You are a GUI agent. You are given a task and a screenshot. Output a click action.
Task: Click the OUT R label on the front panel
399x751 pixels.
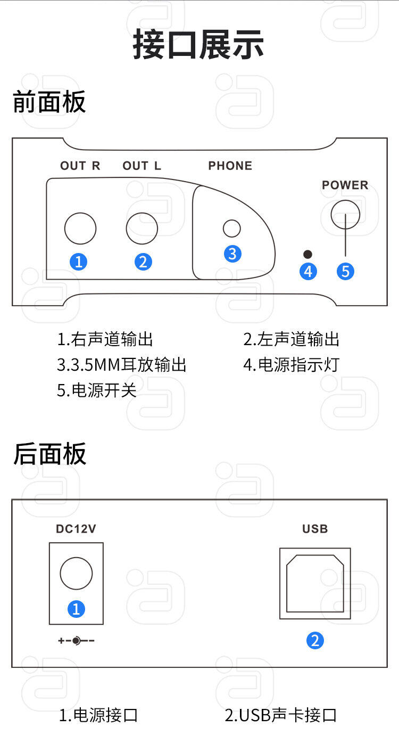[80, 166]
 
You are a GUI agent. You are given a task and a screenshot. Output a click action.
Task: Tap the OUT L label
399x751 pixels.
[142, 166]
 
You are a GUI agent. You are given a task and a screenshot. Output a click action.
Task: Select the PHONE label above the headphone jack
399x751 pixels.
[230, 166]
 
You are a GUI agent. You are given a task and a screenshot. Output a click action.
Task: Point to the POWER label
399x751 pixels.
[345, 185]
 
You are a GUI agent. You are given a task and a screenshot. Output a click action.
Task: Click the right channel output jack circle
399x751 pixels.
[65, 228]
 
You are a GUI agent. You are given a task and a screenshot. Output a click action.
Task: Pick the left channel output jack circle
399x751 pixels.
[126, 228]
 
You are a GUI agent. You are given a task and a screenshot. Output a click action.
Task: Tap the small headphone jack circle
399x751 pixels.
[223, 228]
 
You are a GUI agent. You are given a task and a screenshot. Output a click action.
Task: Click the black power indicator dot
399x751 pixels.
[307, 255]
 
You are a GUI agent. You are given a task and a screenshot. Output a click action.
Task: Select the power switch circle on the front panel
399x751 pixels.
[331, 215]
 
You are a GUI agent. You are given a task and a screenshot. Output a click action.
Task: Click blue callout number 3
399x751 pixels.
[232, 254]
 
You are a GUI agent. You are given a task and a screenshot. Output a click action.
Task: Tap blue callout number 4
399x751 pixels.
[308, 272]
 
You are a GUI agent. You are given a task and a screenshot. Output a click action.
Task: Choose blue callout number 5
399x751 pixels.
[345, 272]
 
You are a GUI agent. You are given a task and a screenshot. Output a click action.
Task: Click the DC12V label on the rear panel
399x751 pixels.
[76, 529]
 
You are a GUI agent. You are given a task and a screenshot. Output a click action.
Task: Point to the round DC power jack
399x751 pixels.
[60, 573]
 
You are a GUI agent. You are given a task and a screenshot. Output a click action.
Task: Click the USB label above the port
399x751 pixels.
[315, 529]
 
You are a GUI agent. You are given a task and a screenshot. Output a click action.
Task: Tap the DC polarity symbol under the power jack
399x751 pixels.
[76, 641]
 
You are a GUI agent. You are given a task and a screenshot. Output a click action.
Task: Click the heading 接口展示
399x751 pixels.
[198, 45]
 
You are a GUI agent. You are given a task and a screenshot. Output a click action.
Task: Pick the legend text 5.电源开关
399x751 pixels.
[97, 390]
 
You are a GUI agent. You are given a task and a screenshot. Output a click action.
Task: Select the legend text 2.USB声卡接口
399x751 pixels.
[281, 715]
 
